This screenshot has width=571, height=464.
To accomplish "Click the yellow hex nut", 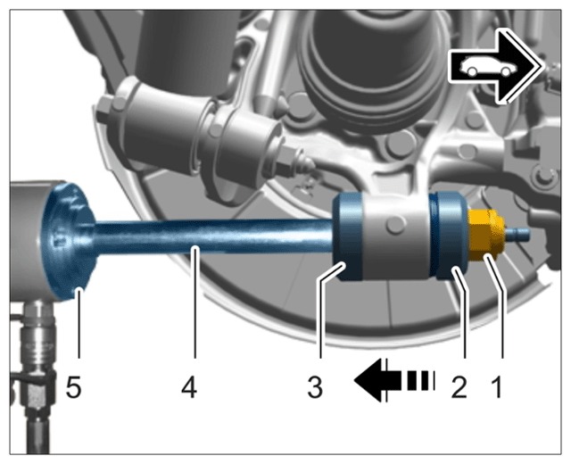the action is tap(486, 235).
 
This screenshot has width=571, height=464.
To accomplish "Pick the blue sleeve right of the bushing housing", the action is tap(448, 236).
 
